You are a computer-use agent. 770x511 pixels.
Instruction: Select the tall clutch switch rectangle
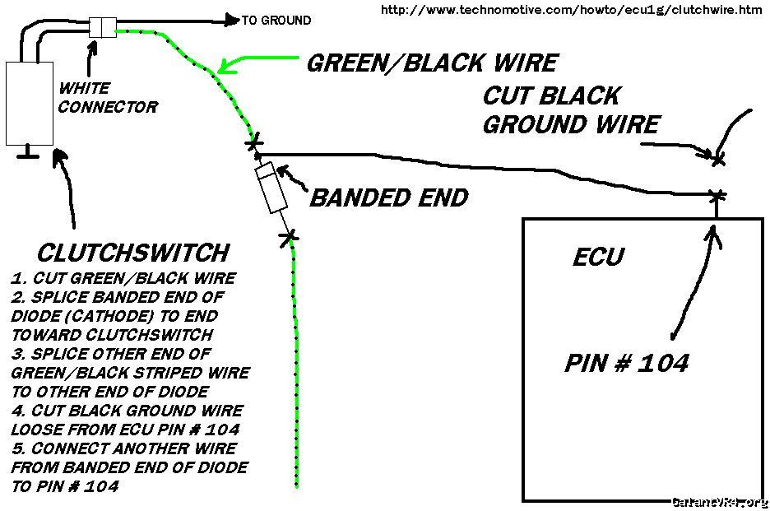click(x=30, y=103)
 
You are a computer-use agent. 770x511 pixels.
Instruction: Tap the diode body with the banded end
click(x=272, y=188)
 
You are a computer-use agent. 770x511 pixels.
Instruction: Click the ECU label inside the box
click(x=598, y=258)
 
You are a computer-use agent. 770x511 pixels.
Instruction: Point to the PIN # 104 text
click(x=626, y=363)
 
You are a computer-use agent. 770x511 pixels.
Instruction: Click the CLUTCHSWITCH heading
click(x=132, y=252)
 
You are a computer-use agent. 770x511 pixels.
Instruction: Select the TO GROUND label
click(x=276, y=21)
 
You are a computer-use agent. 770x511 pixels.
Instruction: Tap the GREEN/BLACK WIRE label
click(x=431, y=63)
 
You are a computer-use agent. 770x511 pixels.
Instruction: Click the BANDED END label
click(x=388, y=198)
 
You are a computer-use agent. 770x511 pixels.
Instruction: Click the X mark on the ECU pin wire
click(x=717, y=196)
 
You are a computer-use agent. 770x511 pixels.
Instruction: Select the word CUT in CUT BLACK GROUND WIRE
click(x=511, y=96)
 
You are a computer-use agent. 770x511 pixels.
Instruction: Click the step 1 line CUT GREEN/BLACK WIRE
click(x=123, y=278)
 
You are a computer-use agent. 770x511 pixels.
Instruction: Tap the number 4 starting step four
click(x=16, y=411)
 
